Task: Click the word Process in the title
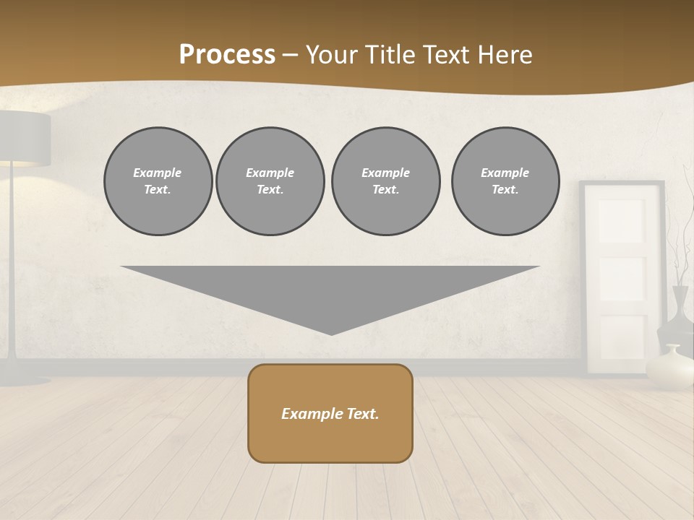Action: [227, 55]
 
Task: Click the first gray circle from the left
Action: [158, 181]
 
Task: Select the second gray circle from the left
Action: [270, 181]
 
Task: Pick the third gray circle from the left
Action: [385, 181]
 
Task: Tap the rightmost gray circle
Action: [505, 181]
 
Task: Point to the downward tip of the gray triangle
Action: [331, 332]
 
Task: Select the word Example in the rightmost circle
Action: [505, 173]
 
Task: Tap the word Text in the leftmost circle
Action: [157, 189]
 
